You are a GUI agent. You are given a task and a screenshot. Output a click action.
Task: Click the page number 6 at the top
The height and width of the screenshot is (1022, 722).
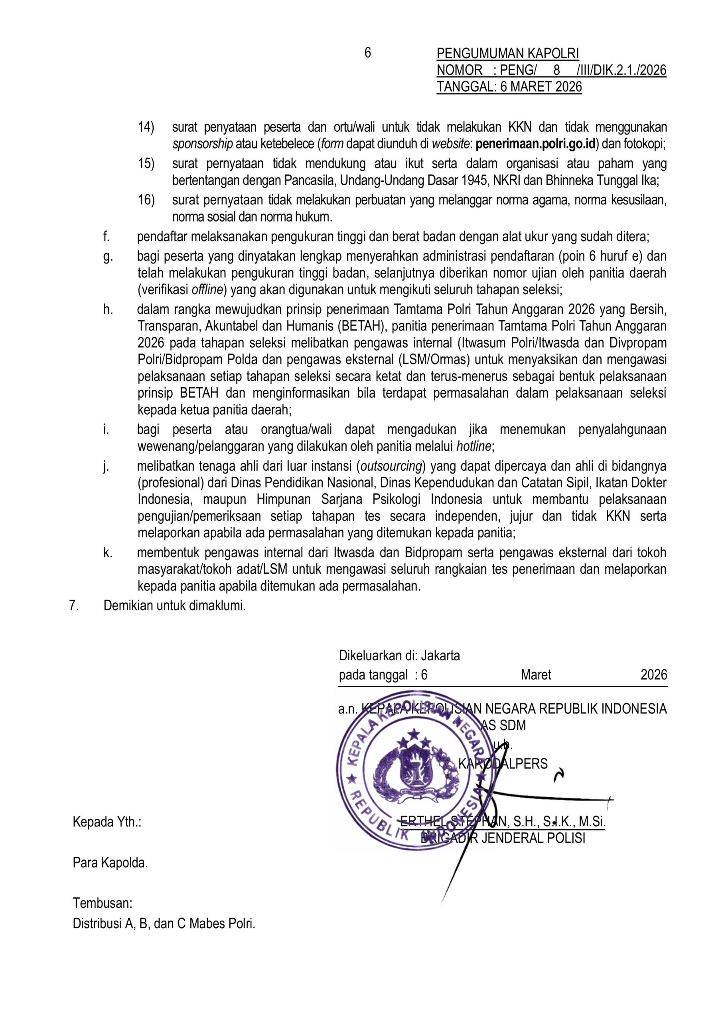pyautogui.click(x=367, y=53)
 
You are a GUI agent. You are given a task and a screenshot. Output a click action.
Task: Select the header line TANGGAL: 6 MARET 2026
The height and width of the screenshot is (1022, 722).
pyautogui.click(x=509, y=87)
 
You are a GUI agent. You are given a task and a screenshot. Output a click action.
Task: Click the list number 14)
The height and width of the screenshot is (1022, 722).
pyautogui.click(x=146, y=127)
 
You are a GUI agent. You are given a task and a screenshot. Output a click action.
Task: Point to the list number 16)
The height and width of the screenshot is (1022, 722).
pyautogui.click(x=146, y=200)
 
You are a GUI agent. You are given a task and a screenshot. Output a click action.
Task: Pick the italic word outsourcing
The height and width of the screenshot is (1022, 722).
pyautogui.click(x=391, y=466)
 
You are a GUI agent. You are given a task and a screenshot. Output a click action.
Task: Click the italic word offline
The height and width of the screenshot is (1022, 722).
pyautogui.click(x=207, y=290)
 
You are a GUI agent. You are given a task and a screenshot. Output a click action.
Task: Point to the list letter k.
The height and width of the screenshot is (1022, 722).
pyautogui.click(x=108, y=553)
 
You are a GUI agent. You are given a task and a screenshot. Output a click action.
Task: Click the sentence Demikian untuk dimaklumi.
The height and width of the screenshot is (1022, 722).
pyautogui.click(x=174, y=605)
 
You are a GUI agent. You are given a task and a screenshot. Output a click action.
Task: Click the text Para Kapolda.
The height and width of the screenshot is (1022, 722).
pyautogui.click(x=110, y=863)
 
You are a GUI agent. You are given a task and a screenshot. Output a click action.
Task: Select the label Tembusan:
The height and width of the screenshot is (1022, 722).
pyautogui.click(x=103, y=903)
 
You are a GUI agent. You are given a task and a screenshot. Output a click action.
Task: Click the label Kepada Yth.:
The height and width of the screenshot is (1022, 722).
pyautogui.click(x=107, y=822)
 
